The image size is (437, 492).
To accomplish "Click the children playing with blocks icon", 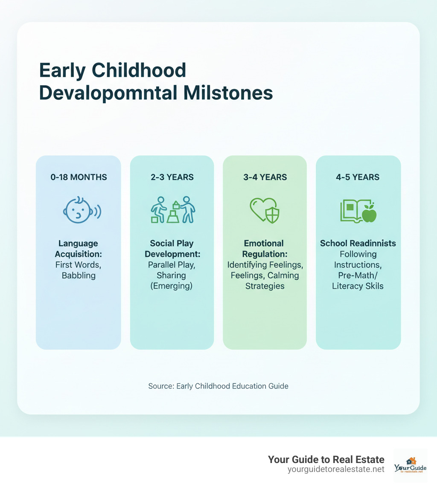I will coord(173,210).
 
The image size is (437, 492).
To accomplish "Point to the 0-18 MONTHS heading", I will coord(78,177).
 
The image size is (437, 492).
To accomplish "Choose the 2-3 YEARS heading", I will coord(172,177).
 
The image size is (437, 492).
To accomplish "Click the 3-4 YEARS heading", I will coord(265,177).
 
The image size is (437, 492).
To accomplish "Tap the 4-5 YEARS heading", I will coord(358,177).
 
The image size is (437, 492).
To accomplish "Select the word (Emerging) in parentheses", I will coord(172,286).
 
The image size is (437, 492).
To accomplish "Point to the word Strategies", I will coord(265,286).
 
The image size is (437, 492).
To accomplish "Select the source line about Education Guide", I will coord(218,386).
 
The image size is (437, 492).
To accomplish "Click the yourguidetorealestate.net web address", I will coord(336,469).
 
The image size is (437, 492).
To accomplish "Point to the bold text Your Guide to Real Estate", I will coord(326,459).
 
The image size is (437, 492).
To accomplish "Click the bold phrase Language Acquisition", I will coord(78,249).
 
